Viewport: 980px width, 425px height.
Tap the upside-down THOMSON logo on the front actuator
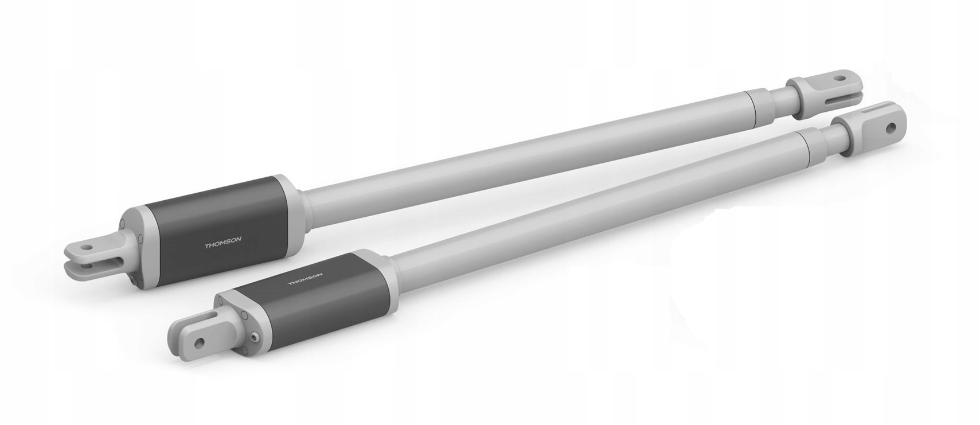305,279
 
